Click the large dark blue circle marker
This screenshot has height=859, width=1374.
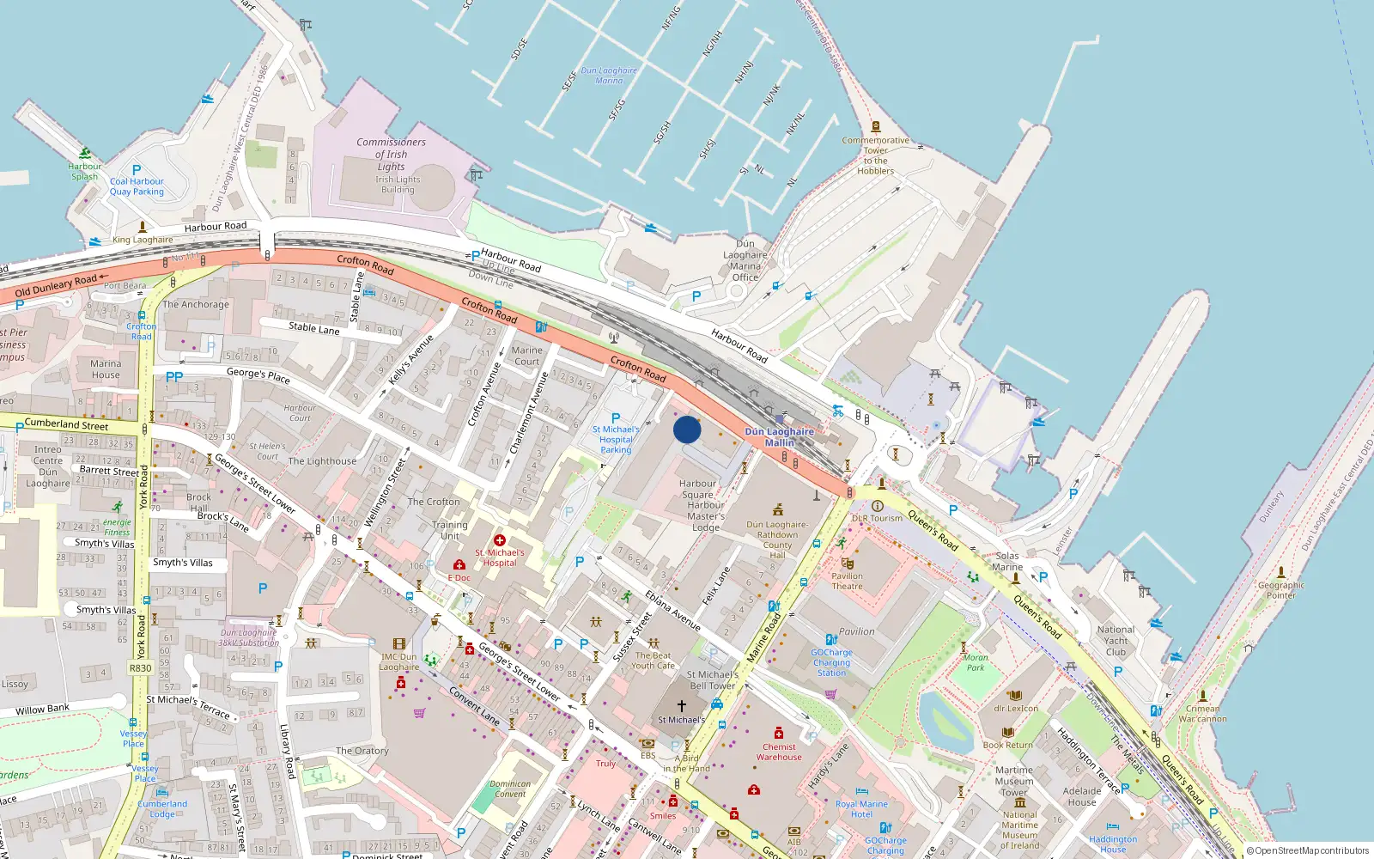(687, 429)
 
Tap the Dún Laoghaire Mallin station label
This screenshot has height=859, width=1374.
(779, 437)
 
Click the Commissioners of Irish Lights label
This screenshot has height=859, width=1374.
(391, 155)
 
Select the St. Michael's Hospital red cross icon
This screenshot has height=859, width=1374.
(500, 540)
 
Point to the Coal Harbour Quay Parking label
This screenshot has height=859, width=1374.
(137, 186)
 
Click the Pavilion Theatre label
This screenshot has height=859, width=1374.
(847, 582)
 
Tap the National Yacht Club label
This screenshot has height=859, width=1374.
(1116, 641)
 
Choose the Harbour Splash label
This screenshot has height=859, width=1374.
(84, 172)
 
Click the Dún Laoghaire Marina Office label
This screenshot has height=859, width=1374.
(745, 260)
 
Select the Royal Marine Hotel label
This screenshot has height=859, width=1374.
(861, 809)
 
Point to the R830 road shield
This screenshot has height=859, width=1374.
(141, 667)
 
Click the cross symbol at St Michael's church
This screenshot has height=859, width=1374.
(682, 706)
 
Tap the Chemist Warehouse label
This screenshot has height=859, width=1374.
(779, 752)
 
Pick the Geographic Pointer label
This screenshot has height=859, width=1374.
(1280, 590)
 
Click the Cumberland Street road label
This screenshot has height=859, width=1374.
(66, 424)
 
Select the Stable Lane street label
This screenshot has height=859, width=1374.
(314, 327)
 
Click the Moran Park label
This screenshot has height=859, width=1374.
(976, 662)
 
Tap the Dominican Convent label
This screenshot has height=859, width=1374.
(510, 789)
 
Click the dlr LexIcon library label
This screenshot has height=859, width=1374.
(1016, 709)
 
